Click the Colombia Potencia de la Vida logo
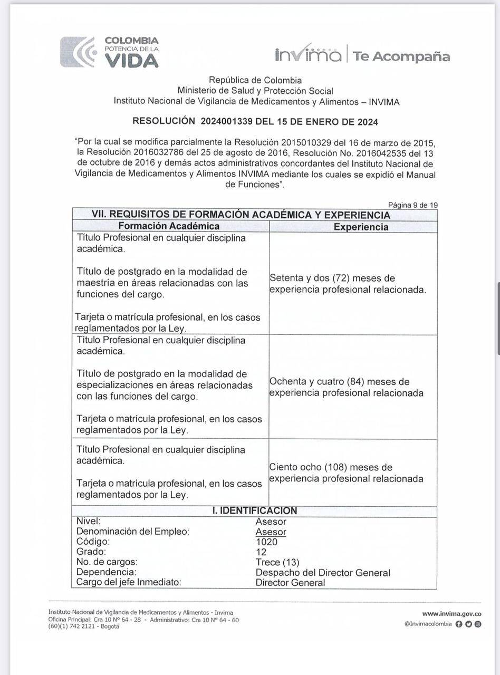(x=109, y=52)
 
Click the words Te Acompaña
(x=401, y=56)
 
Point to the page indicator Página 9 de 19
(x=412, y=205)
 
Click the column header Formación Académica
(x=169, y=226)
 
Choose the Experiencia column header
(x=361, y=227)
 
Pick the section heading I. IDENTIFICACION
(x=254, y=511)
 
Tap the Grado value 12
(x=261, y=552)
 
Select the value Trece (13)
(x=277, y=562)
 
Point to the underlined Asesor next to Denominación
(x=271, y=532)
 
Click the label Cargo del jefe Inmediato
(x=129, y=582)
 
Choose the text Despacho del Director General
(x=323, y=572)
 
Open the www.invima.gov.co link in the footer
(x=451, y=614)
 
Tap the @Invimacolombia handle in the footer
(x=428, y=624)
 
